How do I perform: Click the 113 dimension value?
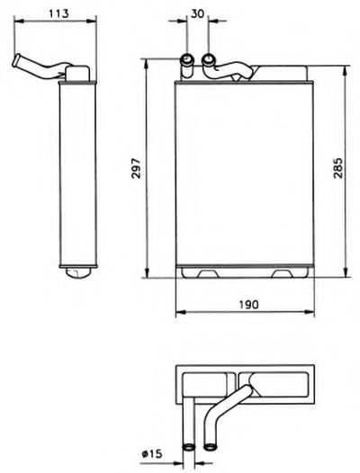[x=58, y=13]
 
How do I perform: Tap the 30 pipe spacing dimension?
[x=197, y=13]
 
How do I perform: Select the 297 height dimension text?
[x=137, y=168]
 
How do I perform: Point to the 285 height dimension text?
[x=338, y=168]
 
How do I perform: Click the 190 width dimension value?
[x=249, y=305]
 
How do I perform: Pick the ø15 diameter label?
[x=152, y=454]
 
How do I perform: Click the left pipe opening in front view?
[x=187, y=58]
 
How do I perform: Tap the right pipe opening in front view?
[x=209, y=59]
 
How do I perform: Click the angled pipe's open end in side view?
[x=15, y=60]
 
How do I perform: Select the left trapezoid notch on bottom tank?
[x=208, y=273]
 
